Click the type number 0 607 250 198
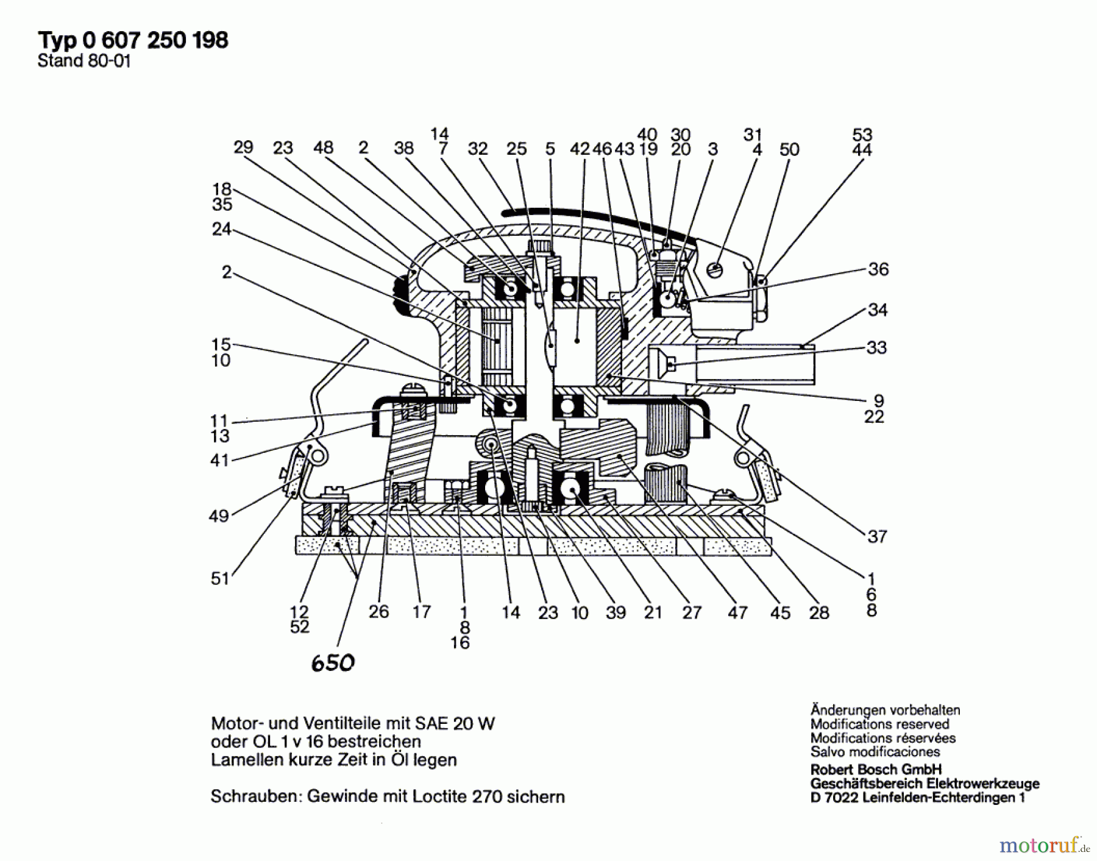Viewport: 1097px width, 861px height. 155,40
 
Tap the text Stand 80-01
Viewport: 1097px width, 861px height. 84,61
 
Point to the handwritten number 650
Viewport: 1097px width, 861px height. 333,662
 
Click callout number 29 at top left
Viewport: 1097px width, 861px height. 243,147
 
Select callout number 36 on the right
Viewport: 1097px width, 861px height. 878,269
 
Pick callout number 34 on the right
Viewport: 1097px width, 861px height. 878,310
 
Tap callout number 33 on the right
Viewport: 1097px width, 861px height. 876,347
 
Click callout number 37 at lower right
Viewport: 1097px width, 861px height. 877,536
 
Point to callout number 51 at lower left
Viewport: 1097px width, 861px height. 220,578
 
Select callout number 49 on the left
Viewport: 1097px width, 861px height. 219,516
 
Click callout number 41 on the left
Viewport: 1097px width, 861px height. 219,460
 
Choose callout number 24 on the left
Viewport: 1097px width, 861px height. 221,229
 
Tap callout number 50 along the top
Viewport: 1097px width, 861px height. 789,149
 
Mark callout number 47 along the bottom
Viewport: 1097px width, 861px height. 737,612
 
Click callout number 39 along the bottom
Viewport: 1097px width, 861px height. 616,612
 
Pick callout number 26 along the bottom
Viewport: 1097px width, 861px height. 378,611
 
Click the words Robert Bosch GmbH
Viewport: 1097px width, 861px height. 876,769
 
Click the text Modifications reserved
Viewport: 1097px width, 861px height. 879,724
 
